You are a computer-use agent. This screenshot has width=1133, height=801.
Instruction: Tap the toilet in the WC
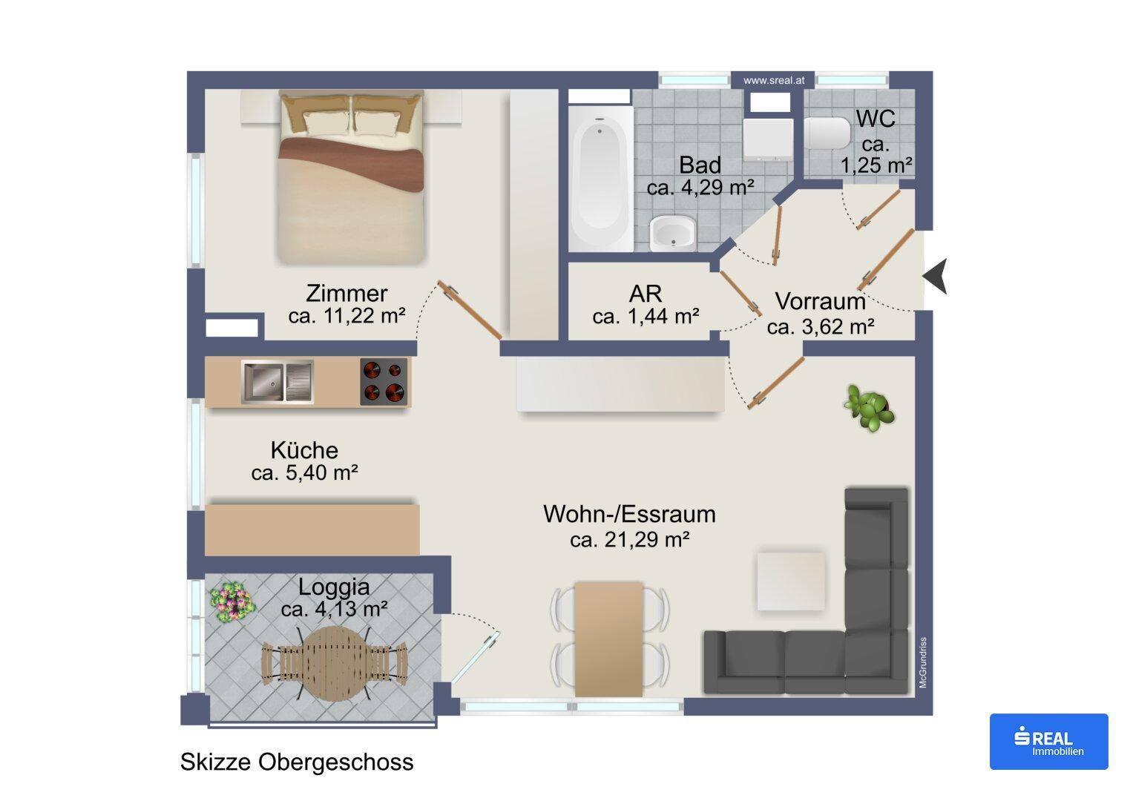coord(827,133)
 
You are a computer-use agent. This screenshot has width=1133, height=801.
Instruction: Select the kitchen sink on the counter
coord(277,382)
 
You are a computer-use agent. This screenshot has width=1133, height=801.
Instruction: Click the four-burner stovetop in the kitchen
coord(384,382)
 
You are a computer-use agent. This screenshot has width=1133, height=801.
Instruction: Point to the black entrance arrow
coord(936,276)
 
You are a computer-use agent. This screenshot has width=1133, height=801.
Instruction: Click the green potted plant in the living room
coord(870,408)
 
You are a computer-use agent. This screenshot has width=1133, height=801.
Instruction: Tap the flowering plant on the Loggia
coord(232,601)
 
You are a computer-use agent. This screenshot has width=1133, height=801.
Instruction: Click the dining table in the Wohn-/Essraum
coord(609,639)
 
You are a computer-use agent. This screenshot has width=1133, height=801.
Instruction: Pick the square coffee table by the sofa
coord(791,581)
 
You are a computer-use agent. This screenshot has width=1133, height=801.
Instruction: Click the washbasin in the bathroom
coord(673,233)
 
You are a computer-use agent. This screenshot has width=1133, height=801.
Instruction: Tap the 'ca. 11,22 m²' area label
coord(347,316)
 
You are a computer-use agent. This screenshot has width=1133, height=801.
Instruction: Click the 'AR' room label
coord(646,294)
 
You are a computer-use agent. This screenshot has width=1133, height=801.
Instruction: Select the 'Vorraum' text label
coord(821,301)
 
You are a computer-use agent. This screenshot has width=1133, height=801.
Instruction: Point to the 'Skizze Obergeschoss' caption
coord(297,762)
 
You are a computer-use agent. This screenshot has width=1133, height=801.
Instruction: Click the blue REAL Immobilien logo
coord(1049,742)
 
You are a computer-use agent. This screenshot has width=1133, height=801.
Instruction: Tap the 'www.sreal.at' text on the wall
coord(774,80)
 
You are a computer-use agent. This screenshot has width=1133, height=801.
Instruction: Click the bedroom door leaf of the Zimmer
coord(470,310)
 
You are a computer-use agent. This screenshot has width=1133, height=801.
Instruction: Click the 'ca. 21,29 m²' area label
coord(630,540)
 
